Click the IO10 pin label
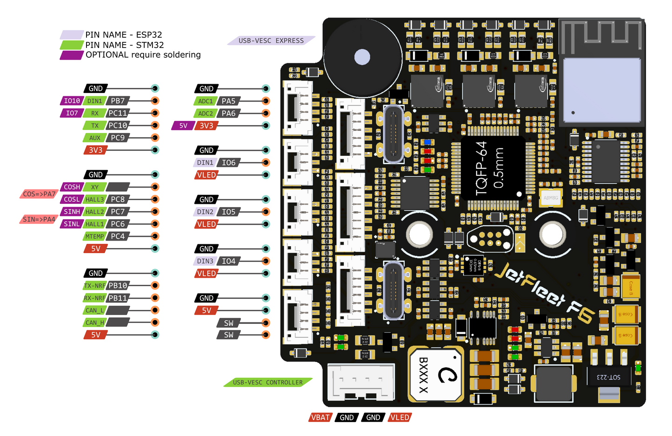pos(72,101)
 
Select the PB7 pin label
pos(117,101)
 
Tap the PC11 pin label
pos(117,113)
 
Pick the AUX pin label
pos(95,138)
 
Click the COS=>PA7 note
pos(39,194)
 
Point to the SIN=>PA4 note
pos(39,219)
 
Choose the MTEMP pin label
pos(95,236)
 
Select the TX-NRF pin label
pos(94,286)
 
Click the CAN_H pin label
pos(95,322)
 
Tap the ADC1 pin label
pos(205,101)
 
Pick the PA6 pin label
pos(228,113)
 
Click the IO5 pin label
pos(228,212)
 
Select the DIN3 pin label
pos(205,261)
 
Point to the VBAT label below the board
pos(320,417)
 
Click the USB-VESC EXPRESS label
pos(271,40)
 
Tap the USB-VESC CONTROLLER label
pos(267,382)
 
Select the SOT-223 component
pos(609,376)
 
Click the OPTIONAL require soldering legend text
pos(143,55)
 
